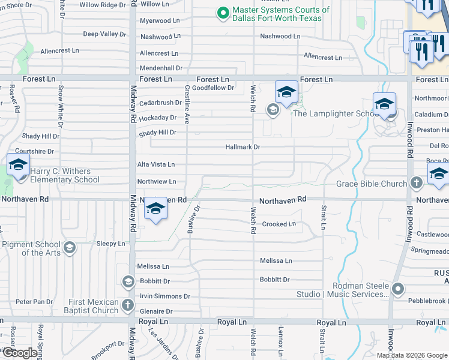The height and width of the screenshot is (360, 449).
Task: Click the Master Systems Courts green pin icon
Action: tap(223, 13)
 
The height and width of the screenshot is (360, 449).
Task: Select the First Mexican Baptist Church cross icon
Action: tap(127, 305)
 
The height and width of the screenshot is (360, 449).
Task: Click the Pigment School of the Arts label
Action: tap(31, 248)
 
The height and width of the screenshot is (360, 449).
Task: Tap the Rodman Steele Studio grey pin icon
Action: tap(397, 290)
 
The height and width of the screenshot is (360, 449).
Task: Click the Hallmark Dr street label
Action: tap(243, 147)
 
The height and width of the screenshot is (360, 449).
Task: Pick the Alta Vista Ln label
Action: tap(156, 164)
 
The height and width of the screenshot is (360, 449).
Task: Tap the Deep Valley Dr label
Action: tap(104, 34)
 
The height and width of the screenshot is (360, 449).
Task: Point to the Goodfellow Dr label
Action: tap(213, 88)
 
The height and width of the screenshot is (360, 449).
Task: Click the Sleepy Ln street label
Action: tap(110, 244)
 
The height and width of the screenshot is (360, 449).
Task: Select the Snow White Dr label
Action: tap(60, 100)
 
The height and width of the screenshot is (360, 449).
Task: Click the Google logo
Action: tap(19, 353)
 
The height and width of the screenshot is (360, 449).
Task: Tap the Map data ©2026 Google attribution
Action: tap(411, 355)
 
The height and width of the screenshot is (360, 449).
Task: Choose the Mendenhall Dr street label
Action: tap(161, 68)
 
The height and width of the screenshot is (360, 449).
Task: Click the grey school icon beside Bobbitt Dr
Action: tap(127, 281)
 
